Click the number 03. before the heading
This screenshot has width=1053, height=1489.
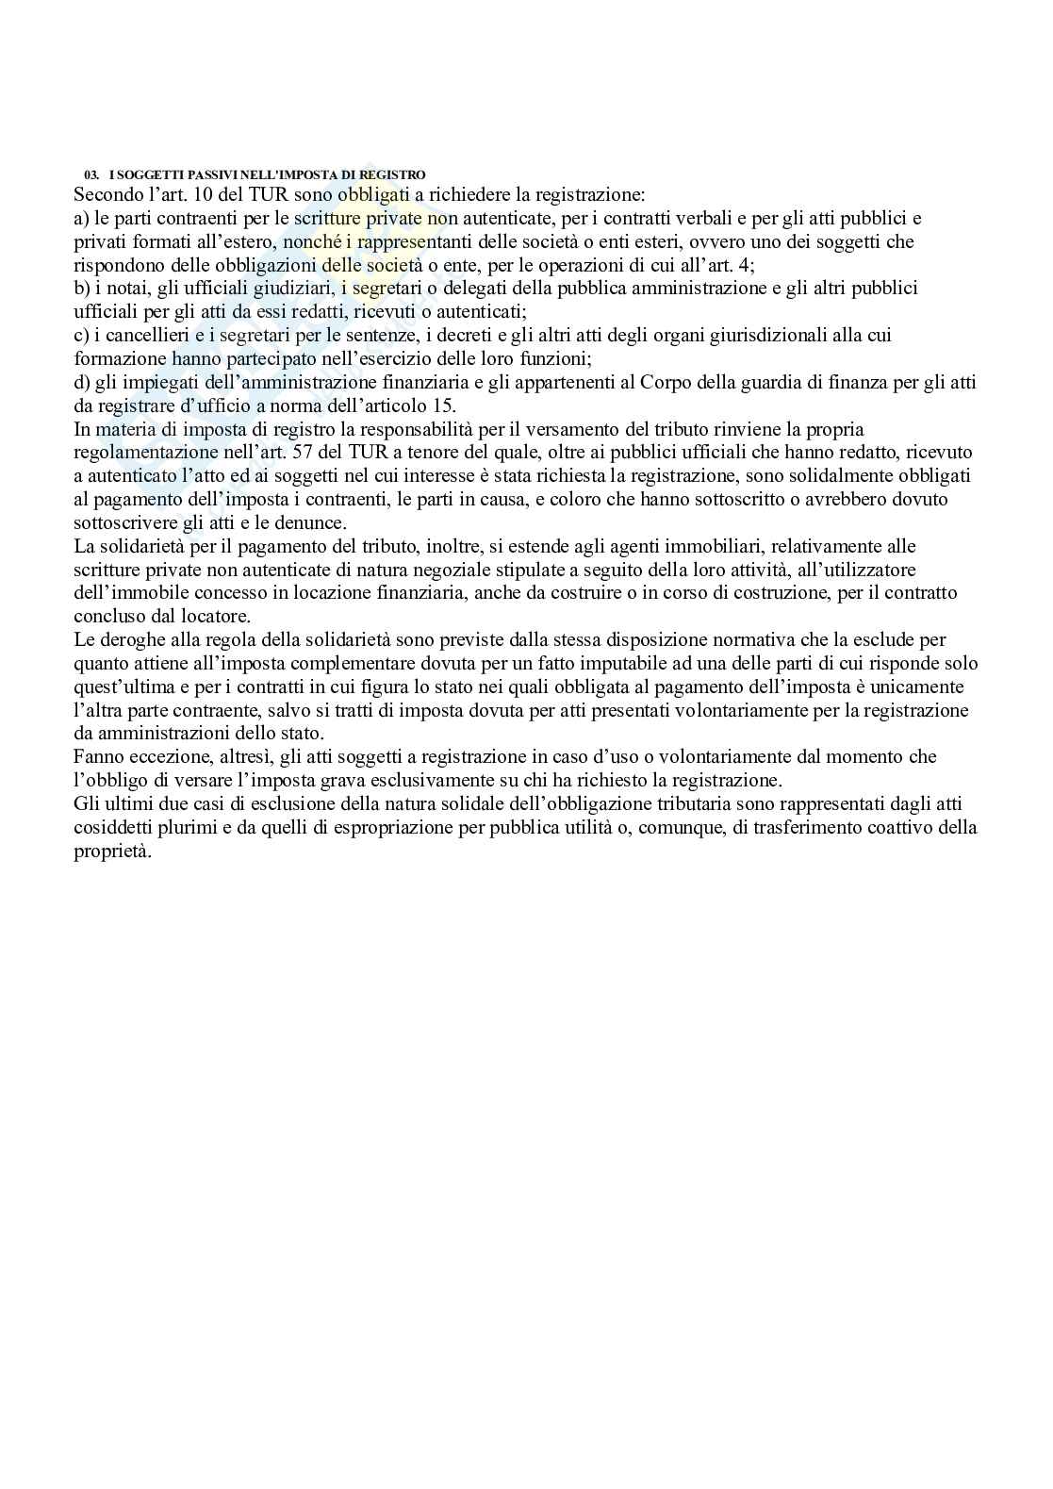91,174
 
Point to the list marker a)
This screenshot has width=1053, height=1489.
82,219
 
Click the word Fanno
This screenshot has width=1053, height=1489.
98,756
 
